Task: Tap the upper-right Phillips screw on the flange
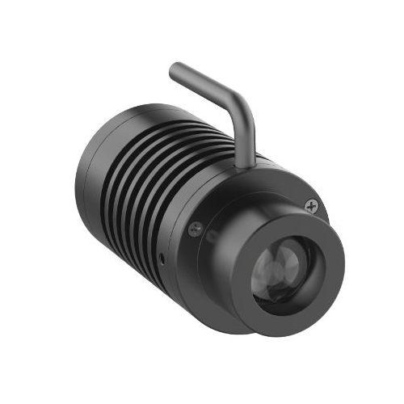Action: click(x=312, y=207)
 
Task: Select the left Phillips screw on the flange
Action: click(x=194, y=229)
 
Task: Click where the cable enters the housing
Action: click(x=247, y=163)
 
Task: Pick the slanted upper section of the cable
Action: click(x=206, y=84)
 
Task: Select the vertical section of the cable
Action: click(x=245, y=133)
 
